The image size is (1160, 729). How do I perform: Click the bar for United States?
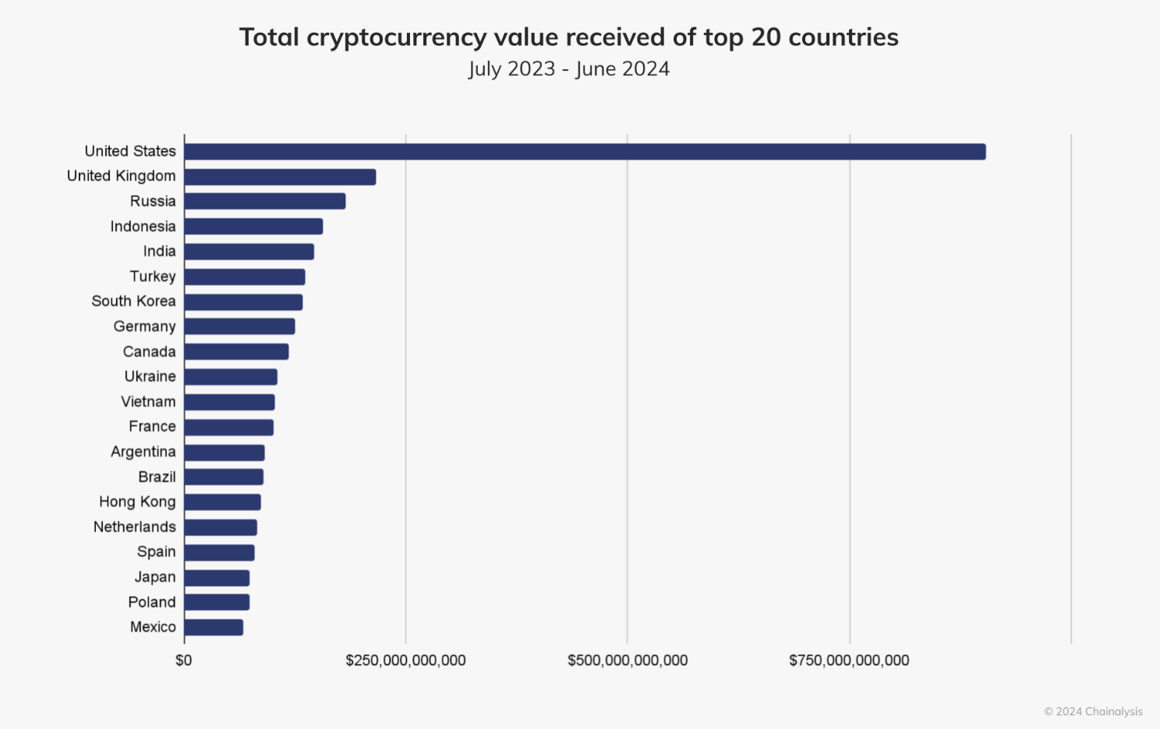585,152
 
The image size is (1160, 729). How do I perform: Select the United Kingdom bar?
280,177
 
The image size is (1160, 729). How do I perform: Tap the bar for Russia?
265,202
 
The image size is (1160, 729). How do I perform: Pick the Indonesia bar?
253,227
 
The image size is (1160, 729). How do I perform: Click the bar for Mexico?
214,628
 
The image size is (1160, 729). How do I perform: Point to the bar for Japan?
217,578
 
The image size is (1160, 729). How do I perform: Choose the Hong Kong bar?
222,502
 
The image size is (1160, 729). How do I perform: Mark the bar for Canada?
236,352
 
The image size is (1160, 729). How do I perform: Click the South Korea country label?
133,301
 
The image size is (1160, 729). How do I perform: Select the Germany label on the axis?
144,326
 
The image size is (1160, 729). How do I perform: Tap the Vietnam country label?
148,402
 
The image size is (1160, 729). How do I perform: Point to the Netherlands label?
134,527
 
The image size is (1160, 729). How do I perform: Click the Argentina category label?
143,452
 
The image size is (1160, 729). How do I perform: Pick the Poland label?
151,602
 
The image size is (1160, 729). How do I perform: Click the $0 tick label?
184,660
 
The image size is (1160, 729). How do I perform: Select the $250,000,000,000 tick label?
405,660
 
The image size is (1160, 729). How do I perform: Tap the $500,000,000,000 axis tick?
628,660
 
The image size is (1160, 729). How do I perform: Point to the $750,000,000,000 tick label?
849,660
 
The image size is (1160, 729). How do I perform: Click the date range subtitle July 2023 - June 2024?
569,69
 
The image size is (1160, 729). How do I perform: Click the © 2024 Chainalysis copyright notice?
1093,711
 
